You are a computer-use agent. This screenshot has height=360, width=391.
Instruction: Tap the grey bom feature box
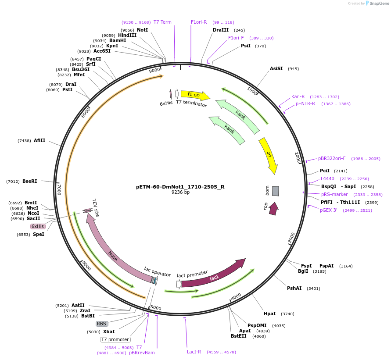[x=275, y=191]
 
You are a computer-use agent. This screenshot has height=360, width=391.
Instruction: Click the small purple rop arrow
[x=273, y=209]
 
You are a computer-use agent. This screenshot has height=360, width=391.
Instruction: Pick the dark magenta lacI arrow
[x=215, y=276]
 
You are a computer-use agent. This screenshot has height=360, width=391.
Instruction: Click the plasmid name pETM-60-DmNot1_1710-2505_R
[x=180, y=187]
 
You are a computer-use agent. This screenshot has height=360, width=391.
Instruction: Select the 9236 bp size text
[x=180, y=192]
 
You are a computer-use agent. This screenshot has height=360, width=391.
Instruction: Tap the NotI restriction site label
[x=142, y=30]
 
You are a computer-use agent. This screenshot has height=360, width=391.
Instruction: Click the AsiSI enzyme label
[x=276, y=68]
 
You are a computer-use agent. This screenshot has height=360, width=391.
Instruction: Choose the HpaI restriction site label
[x=269, y=314]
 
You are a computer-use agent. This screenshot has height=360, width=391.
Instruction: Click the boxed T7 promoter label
[x=115, y=339]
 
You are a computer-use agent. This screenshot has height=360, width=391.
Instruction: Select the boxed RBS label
[x=102, y=324]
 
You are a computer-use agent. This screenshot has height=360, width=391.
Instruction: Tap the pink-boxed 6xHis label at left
[x=38, y=226]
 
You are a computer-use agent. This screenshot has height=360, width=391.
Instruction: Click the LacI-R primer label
[x=194, y=352]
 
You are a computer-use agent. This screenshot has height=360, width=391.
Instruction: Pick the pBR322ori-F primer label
[x=332, y=158]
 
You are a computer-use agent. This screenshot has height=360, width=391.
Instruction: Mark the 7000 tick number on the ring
[x=58, y=189]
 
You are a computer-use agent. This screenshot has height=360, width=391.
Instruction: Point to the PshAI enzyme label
[x=294, y=288]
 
